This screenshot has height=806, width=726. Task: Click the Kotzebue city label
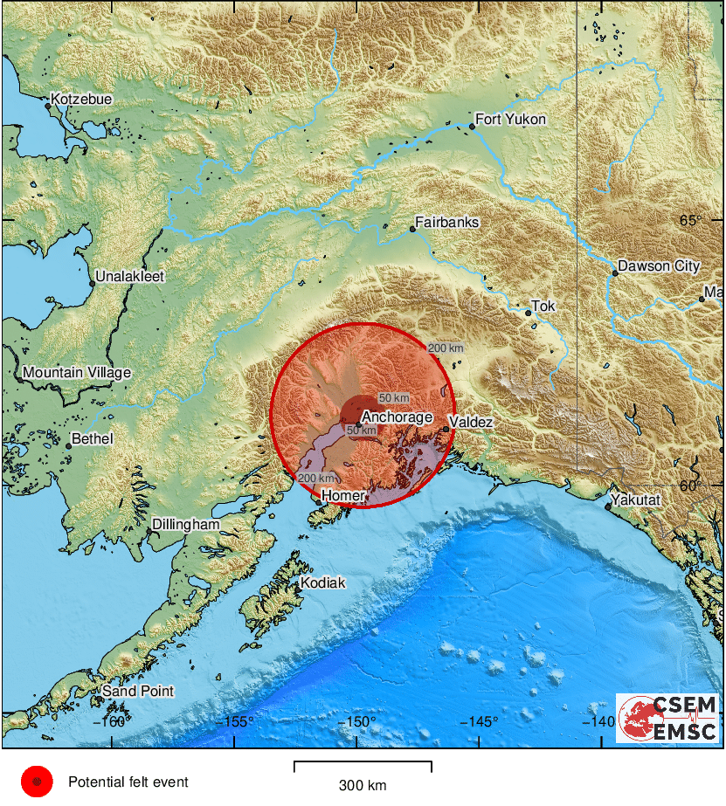pos(81,100)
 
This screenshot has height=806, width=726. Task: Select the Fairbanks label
pos(446,223)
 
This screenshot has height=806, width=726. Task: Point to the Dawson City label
pos(659,266)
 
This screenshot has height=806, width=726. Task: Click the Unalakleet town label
pos(129,277)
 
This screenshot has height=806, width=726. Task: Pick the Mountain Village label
pos(77,373)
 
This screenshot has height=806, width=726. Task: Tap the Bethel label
pos(92,438)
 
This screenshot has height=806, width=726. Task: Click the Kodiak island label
pos(322,582)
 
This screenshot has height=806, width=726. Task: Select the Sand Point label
pos(138,692)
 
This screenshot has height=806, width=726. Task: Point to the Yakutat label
pos(636,500)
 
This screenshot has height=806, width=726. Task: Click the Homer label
pos(342,496)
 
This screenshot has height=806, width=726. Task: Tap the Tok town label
pos(544,307)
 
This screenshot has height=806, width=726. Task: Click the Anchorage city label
pos(397,417)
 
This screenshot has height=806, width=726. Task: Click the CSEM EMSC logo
pos(667,719)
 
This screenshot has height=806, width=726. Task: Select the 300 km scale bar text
pos(363,784)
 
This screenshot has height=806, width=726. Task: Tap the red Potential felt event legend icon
pos(37,782)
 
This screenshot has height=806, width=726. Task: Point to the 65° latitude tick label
pos(691,220)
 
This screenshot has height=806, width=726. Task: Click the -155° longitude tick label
pos(236,721)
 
